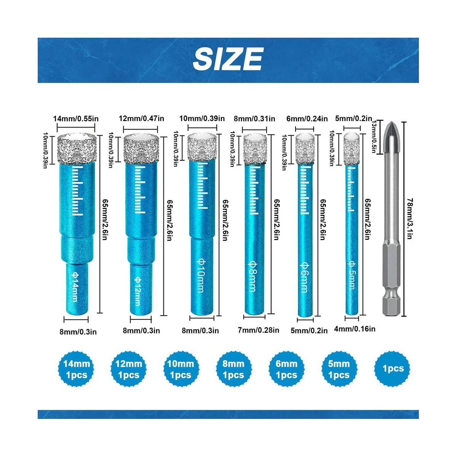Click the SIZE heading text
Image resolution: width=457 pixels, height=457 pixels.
[x=228, y=59]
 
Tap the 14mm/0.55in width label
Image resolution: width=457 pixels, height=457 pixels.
[x=76, y=118]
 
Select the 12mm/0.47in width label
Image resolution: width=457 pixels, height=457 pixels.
[x=141, y=118]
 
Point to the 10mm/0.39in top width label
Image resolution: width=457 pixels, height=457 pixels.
[x=202, y=118]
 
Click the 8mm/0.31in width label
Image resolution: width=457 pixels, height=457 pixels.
[x=254, y=118]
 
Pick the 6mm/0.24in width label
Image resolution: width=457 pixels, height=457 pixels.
[x=307, y=118]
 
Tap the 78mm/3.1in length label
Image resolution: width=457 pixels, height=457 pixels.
[x=410, y=219]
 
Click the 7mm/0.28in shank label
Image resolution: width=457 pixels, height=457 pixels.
[x=258, y=330]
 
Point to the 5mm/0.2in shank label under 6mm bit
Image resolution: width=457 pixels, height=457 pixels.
[x=309, y=331]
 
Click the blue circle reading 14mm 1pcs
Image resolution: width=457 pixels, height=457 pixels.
[x=77, y=369]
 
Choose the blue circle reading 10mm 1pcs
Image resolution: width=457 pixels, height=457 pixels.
[x=181, y=369]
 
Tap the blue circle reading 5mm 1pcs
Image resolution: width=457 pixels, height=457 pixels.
[x=339, y=369]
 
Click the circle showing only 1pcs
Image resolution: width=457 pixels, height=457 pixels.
[x=393, y=369]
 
